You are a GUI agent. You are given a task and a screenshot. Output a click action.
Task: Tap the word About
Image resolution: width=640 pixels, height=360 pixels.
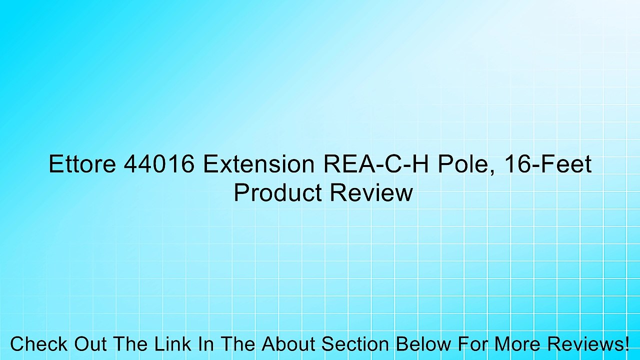(x=288, y=344)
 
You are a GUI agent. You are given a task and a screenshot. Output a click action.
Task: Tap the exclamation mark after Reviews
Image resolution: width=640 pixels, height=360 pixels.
(x=626, y=344)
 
